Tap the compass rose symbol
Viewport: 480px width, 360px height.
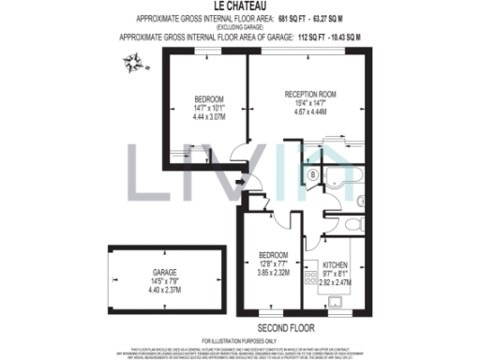pos(134,63)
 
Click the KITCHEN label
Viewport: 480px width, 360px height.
pos(335,263)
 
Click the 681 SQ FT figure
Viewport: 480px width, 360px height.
pos(294,19)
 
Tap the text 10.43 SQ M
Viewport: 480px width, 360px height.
pos(348,37)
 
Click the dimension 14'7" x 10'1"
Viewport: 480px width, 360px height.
pos(209,108)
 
